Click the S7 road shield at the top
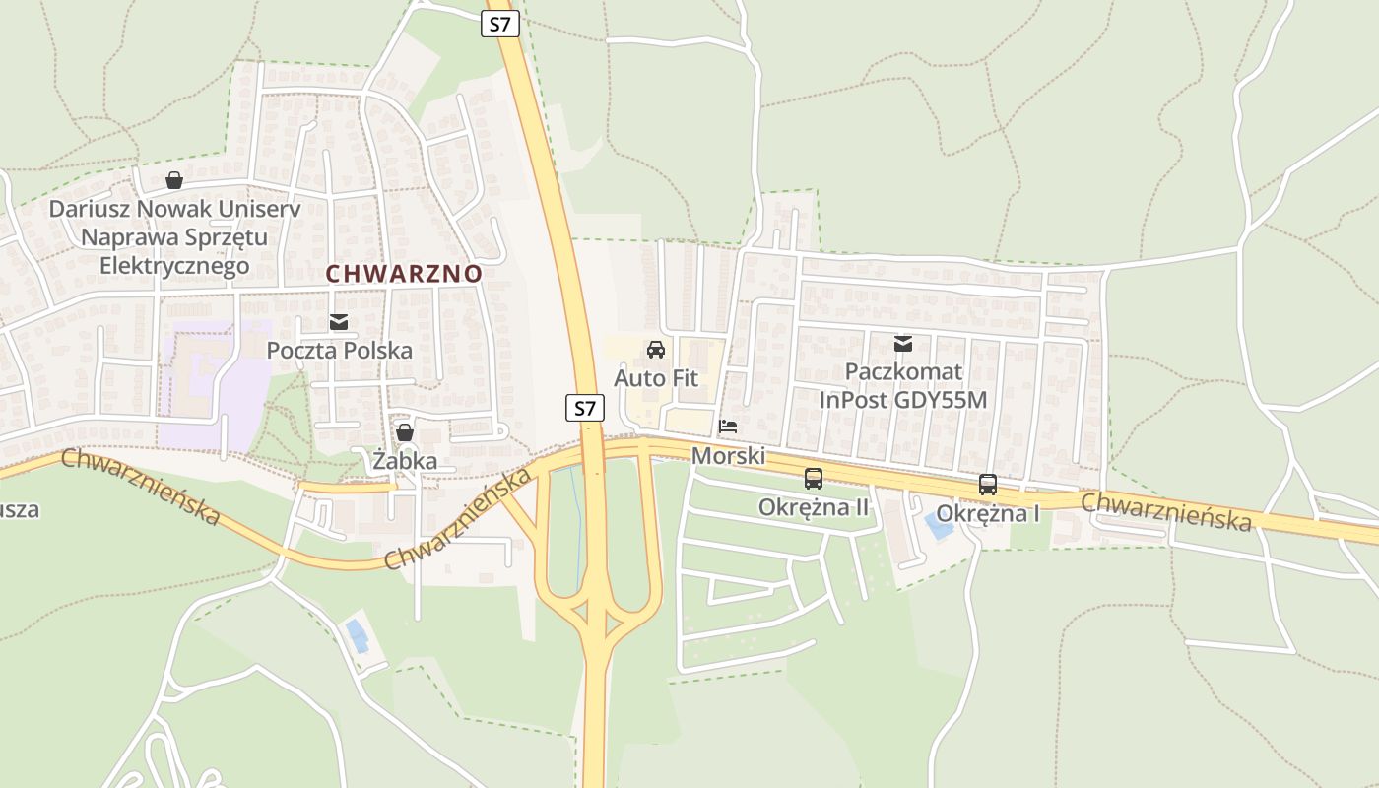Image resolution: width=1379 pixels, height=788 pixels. click(500, 24)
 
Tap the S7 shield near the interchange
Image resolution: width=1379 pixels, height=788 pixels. click(584, 407)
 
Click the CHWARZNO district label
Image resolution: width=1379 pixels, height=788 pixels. click(404, 274)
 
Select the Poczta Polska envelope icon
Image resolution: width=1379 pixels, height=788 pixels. click(339, 322)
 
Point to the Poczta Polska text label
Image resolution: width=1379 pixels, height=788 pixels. click(339, 350)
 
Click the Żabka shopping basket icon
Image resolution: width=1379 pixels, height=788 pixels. click(404, 432)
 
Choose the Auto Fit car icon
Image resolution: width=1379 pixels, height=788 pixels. click(655, 349)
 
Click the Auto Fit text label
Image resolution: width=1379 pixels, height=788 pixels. click(655, 377)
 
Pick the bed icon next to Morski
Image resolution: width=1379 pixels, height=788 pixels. click(728, 427)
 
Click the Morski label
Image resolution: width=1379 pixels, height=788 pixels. click(728, 456)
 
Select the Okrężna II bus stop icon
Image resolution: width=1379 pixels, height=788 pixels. click(814, 479)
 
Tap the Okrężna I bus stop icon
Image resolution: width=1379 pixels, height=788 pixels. click(988, 485)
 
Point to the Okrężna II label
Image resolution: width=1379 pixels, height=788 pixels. click(814, 507)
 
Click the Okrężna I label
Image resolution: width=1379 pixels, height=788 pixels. click(988, 513)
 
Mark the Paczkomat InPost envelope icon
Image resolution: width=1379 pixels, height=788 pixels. click(902, 344)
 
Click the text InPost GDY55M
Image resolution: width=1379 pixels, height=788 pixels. click(902, 400)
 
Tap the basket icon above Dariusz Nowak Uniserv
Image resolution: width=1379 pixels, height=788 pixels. click(174, 180)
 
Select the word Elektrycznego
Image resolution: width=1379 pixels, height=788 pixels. click(174, 266)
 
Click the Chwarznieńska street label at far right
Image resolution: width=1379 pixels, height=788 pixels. click(1166, 512)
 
